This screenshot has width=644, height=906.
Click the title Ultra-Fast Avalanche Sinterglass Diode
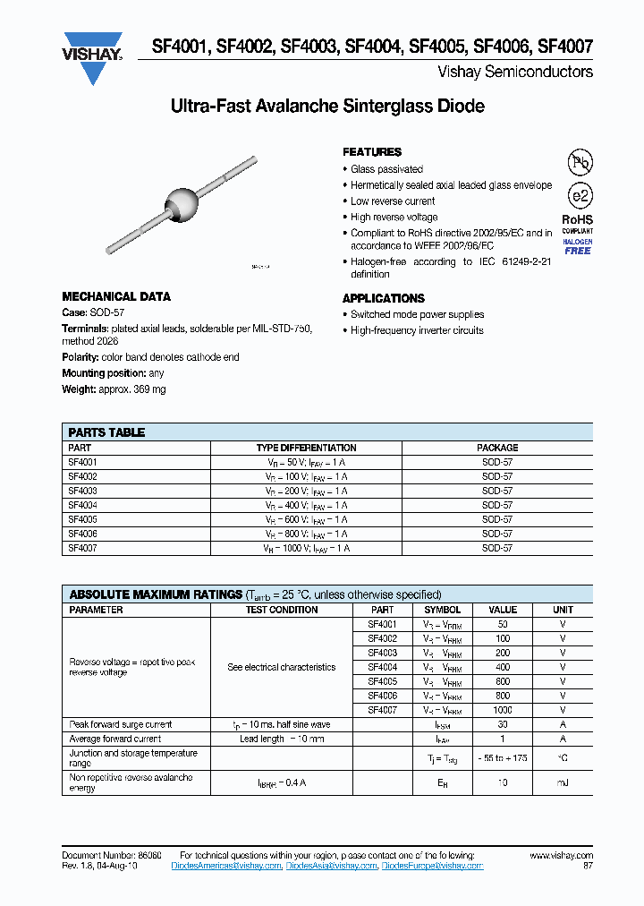pos(327,107)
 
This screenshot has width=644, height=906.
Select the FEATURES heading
pos(372,152)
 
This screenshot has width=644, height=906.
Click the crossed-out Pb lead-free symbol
pos(580,162)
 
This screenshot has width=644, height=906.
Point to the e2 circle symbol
pos(580,196)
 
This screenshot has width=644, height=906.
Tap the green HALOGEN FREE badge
pos(578,251)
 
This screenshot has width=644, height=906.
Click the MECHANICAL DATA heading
pos(116,296)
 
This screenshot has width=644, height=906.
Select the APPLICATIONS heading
pos(384,298)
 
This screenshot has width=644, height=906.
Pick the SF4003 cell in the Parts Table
pos(82,491)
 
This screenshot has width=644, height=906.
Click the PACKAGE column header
pos(497,448)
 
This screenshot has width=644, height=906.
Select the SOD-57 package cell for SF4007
pos(497,548)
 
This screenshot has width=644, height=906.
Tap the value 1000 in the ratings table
pos(503,710)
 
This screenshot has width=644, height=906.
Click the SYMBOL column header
pos(443,610)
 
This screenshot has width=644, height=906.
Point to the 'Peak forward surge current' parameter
pos(121,724)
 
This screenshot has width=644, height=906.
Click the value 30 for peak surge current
pos(503,724)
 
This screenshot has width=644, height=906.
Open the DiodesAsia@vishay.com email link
pos(332,867)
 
